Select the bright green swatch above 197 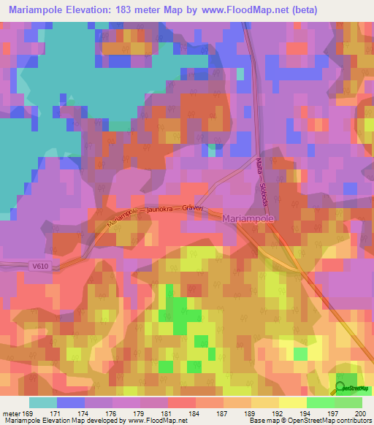click(321, 402)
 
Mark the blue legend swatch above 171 click(70, 402)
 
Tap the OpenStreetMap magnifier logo click(342, 388)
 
